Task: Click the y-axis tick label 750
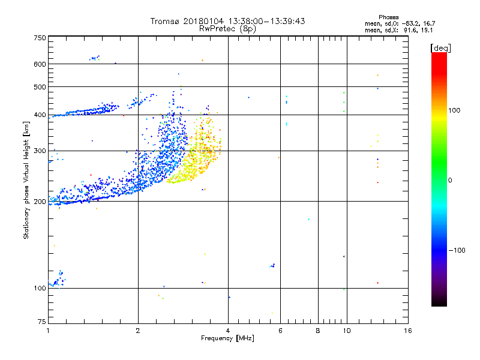[40, 38]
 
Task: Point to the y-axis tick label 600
[40, 64]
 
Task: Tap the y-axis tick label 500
[40, 86]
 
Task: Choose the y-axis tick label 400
[40, 115]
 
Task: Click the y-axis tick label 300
[40, 151]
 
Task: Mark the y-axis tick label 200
[40, 201]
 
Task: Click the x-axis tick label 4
[228, 331]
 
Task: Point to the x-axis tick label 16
[407, 331]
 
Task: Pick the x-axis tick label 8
[318, 331]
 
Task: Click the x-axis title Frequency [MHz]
[227, 338]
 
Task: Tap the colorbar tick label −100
[457, 250]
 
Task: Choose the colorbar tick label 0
[451, 180]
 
